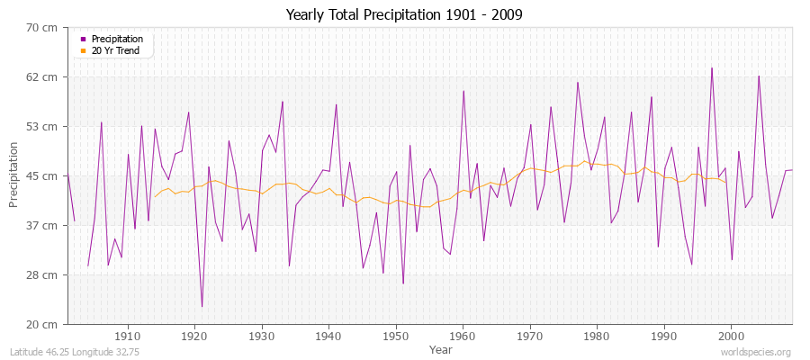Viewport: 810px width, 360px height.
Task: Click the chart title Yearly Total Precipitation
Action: coord(404,15)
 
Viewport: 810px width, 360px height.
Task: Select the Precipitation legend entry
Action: coord(117,39)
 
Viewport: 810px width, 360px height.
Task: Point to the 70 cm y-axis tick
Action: coord(44,28)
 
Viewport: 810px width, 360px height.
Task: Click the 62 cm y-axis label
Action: coord(44,77)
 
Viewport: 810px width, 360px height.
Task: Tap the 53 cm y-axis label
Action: coord(44,127)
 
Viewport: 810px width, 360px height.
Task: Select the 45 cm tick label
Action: coord(44,176)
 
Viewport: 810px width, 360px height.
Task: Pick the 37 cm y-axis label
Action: coord(44,226)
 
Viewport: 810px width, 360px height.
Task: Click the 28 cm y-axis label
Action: coord(44,275)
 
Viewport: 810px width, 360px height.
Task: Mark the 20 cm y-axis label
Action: coord(44,324)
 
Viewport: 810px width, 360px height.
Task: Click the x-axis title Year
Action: coord(441,348)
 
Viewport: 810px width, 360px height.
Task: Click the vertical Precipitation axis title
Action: coord(13,175)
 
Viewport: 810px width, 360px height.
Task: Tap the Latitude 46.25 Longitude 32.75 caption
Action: coord(67,351)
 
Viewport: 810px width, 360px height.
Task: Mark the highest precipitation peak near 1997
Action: coord(711,67)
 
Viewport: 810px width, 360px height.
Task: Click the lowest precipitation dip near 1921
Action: coord(202,307)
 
